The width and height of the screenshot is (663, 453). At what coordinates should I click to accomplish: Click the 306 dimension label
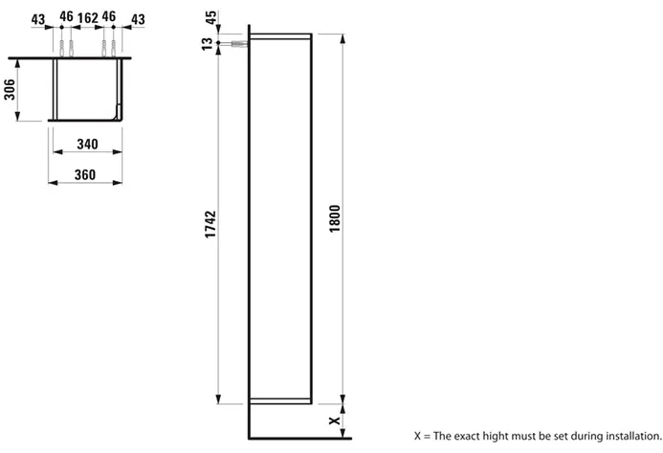[x=10, y=89]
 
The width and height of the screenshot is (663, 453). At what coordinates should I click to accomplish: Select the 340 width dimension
[x=87, y=144]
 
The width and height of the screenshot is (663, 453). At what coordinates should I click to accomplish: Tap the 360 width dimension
[x=85, y=174]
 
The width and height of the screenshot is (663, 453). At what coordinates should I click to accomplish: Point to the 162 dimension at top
[x=88, y=18]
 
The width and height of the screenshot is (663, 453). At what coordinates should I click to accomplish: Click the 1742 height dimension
[x=210, y=224]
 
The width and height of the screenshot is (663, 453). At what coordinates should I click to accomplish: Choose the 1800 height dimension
[x=335, y=218]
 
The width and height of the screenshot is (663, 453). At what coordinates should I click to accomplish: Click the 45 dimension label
[x=211, y=17]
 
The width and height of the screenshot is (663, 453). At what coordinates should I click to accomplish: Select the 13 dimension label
[x=208, y=44]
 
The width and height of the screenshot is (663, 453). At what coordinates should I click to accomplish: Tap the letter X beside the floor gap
[x=335, y=420]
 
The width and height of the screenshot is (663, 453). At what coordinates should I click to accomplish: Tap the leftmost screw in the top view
[x=62, y=48]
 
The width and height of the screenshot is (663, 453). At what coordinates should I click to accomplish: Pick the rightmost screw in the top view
[x=113, y=48]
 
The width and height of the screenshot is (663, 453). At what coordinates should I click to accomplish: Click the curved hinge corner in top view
[x=118, y=113]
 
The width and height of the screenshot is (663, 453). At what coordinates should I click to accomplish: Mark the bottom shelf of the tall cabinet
[x=280, y=401]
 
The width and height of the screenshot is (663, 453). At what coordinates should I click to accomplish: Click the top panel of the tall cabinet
[x=280, y=36]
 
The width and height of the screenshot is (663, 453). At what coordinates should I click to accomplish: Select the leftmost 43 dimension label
[x=38, y=19]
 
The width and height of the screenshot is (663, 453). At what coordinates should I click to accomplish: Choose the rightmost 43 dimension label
[x=138, y=19]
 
